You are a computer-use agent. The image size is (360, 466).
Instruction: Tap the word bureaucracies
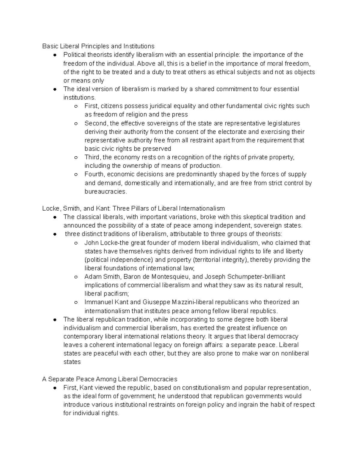106,191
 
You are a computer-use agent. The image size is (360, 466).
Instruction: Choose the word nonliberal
292,353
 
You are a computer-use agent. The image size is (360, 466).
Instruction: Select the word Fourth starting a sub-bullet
94,174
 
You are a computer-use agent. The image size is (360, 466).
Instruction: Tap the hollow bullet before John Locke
76,243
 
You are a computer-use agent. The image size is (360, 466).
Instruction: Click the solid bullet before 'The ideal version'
55,89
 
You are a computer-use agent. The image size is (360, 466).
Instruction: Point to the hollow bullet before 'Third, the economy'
76,157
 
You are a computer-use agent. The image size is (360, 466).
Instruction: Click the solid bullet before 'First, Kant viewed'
55,388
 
